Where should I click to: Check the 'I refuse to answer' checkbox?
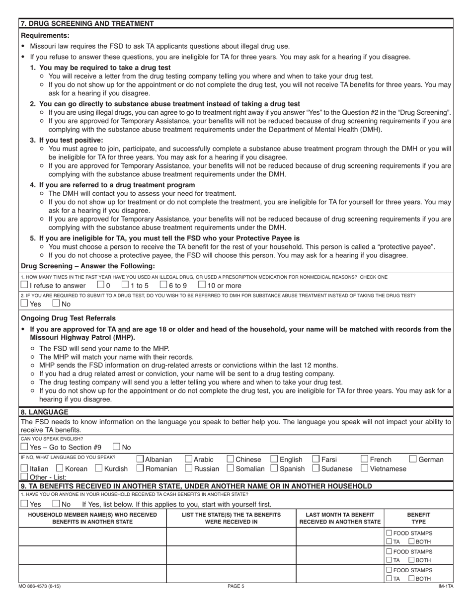(24, 285)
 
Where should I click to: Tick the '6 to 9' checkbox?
(163, 285)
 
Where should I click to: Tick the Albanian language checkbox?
(140, 459)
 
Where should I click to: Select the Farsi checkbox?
(315, 459)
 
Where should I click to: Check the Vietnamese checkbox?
(364, 468)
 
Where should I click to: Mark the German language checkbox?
(413, 459)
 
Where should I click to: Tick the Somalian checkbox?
(231, 468)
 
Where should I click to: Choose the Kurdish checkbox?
(98, 468)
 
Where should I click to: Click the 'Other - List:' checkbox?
(24, 477)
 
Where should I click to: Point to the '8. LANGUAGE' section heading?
(45, 412)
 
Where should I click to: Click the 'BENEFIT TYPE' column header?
(419, 518)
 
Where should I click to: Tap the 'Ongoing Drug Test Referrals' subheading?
(69, 318)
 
